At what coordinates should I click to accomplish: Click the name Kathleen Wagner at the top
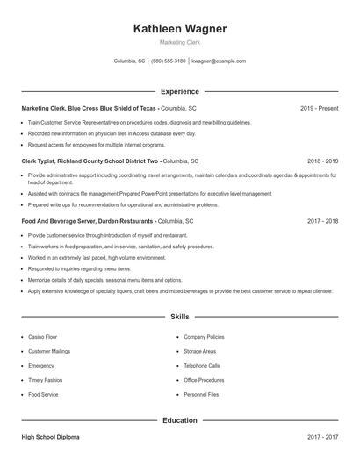pos(180,29)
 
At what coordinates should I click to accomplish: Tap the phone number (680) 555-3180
pos(169,61)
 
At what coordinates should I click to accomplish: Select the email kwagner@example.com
pos(219,61)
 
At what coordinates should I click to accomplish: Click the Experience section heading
pos(180,91)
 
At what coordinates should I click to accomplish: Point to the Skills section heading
pos(180,316)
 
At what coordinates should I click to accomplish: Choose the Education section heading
pos(180,420)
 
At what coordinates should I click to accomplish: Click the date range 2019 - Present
pos(319,108)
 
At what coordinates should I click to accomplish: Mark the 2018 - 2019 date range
pos(322,161)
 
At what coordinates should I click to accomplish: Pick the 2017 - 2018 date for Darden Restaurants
pos(322,222)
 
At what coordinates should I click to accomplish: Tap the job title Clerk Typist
pos(40,161)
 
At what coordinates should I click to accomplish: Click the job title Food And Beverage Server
pos(61,222)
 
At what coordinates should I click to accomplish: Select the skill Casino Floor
pos(43,336)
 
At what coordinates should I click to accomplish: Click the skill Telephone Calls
pos(202,365)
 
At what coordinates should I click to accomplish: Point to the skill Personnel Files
pos(201,395)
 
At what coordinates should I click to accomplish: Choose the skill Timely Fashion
pos(45,380)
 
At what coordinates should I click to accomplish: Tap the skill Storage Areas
pos(201,351)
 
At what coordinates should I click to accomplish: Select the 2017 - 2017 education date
pos(322,436)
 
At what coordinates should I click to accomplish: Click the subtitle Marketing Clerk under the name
pos(180,42)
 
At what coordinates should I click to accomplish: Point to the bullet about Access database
pos(112,133)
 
